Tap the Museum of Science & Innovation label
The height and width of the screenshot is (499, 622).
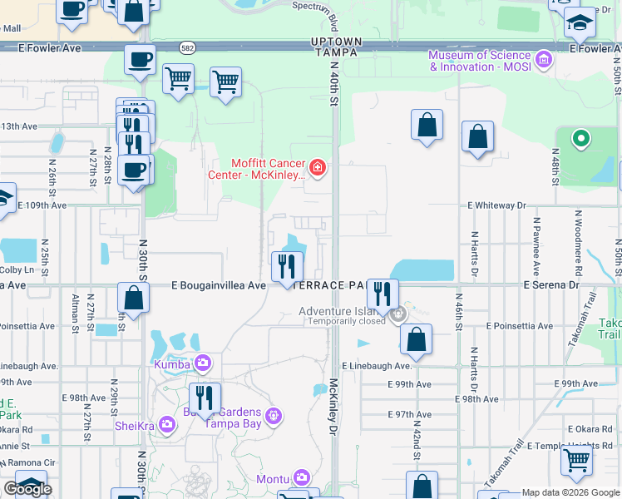[x=479, y=61]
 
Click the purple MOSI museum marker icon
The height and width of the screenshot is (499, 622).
[x=544, y=59]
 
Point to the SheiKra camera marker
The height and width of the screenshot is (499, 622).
[x=167, y=425]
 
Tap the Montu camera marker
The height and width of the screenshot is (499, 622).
[x=302, y=477]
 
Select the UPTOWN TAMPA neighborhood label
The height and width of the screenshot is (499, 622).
[x=336, y=47]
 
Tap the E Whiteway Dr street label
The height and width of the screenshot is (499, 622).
[x=497, y=205]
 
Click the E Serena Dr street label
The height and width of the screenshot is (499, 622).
[x=551, y=284]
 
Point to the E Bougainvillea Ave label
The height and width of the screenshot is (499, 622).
[x=219, y=285]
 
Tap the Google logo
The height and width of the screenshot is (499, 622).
[x=27, y=489]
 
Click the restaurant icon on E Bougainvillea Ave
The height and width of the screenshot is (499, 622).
[x=286, y=266]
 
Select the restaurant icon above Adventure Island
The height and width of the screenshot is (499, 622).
[x=383, y=294]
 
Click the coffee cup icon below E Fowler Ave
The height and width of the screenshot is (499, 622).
[x=140, y=60]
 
